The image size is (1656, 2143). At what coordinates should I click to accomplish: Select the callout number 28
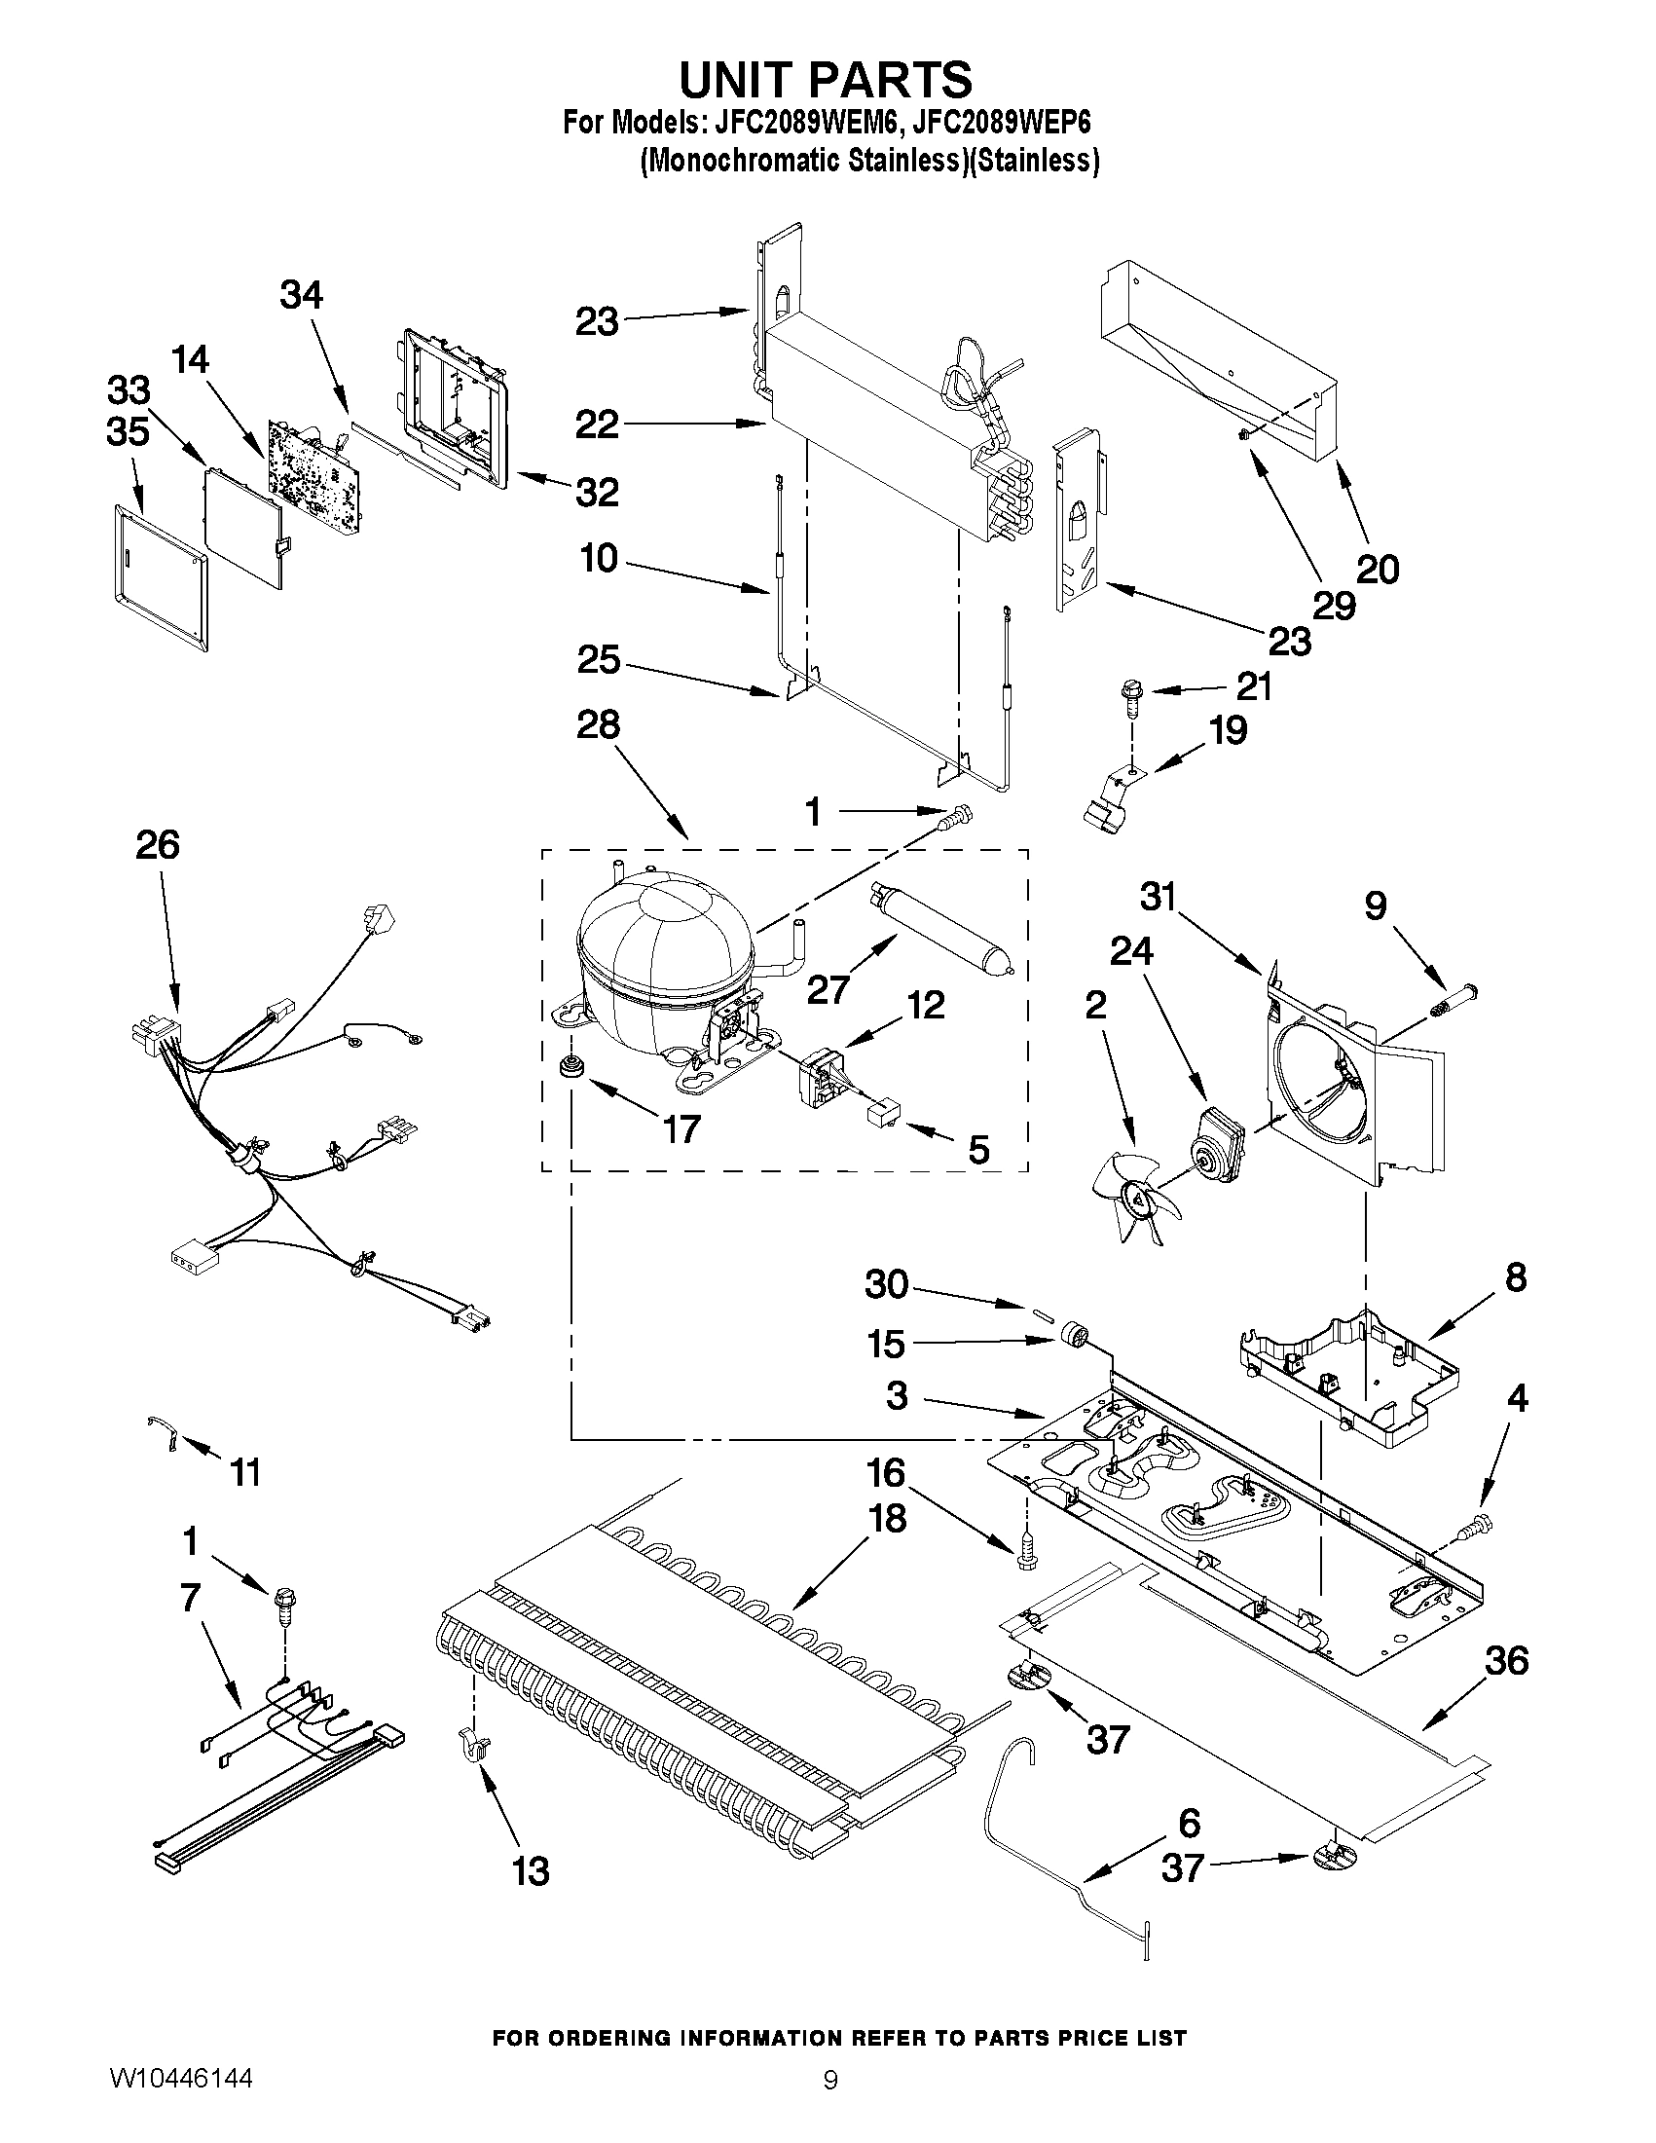pos(598,726)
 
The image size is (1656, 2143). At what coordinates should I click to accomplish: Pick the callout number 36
pos(1506,1660)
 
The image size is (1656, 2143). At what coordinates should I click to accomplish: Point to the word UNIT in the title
pos(748,80)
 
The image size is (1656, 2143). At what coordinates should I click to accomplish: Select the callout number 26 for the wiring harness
pos(158,845)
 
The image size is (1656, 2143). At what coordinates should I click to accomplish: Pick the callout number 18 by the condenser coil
pos(887,1519)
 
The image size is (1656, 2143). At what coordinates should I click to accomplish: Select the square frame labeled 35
pos(157,578)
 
